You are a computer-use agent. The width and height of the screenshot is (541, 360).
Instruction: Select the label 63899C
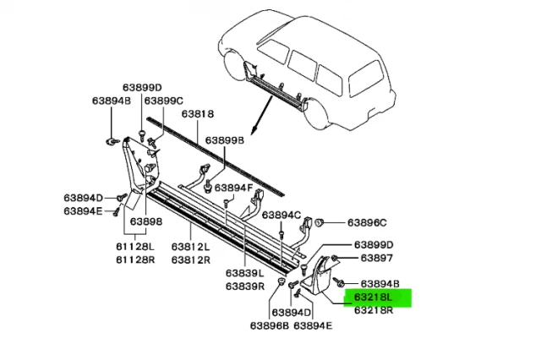tap(164, 101)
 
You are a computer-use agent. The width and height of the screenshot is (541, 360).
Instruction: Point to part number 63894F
tap(235, 187)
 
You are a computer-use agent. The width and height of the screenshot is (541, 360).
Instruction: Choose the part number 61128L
tap(136, 245)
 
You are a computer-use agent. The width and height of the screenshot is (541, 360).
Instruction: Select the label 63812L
tap(192, 245)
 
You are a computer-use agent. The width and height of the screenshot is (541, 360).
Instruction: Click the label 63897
tap(376, 258)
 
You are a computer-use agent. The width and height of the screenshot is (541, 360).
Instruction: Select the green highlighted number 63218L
tap(374, 297)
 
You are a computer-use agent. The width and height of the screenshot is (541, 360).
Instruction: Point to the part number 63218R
tap(374, 310)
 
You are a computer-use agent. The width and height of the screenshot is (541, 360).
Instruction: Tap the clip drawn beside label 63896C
tap(321, 221)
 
